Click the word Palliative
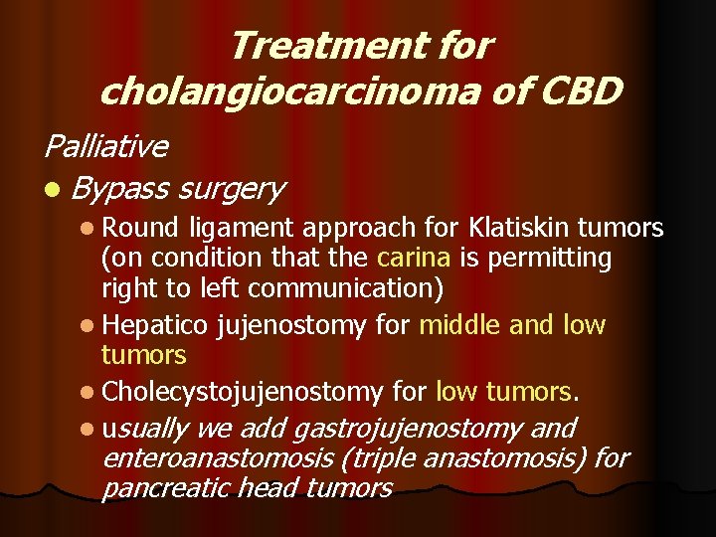(x=105, y=146)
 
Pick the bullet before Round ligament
(x=91, y=228)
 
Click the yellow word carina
(x=414, y=258)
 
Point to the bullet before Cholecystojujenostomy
(x=91, y=394)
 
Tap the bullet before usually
(x=91, y=430)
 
